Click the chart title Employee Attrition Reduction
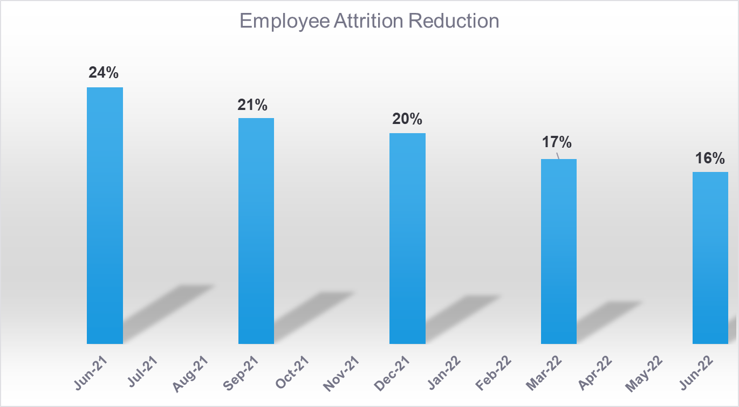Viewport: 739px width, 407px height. tap(369, 21)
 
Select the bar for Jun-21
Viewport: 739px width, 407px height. tap(105, 216)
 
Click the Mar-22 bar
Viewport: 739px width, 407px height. tap(559, 251)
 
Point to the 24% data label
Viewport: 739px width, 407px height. tap(104, 73)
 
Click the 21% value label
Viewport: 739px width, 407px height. tap(252, 105)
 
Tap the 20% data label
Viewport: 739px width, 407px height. tap(407, 119)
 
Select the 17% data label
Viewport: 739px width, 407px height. tap(557, 143)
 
